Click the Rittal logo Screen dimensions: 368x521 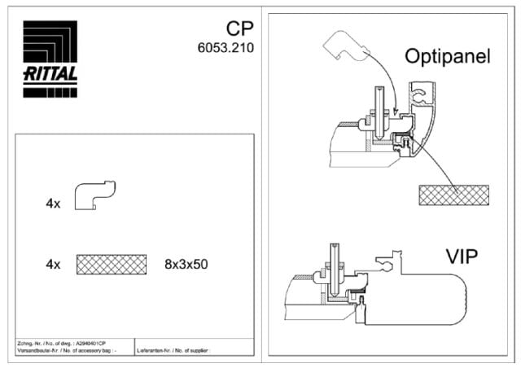click(50, 59)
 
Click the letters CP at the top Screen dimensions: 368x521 click(236, 31)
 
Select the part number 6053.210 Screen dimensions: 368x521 click(225, 48)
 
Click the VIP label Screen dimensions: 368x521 click(462, 257)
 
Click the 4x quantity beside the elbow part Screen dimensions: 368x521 click(53, 204)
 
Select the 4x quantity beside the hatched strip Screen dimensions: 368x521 click(53, 264)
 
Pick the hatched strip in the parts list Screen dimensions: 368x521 click(112, 264)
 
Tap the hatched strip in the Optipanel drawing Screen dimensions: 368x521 click(453, 195)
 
